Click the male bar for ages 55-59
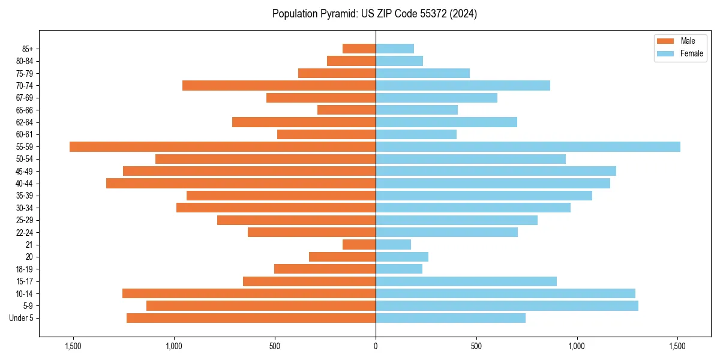222,146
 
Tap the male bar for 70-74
279,85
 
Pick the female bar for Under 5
450,318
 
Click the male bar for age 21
359,244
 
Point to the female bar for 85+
395,49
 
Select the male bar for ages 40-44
240,183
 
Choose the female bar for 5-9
507,305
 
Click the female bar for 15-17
466,281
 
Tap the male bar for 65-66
346,110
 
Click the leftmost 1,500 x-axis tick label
73,347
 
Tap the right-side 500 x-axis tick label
476,347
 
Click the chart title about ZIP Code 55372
374,14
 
